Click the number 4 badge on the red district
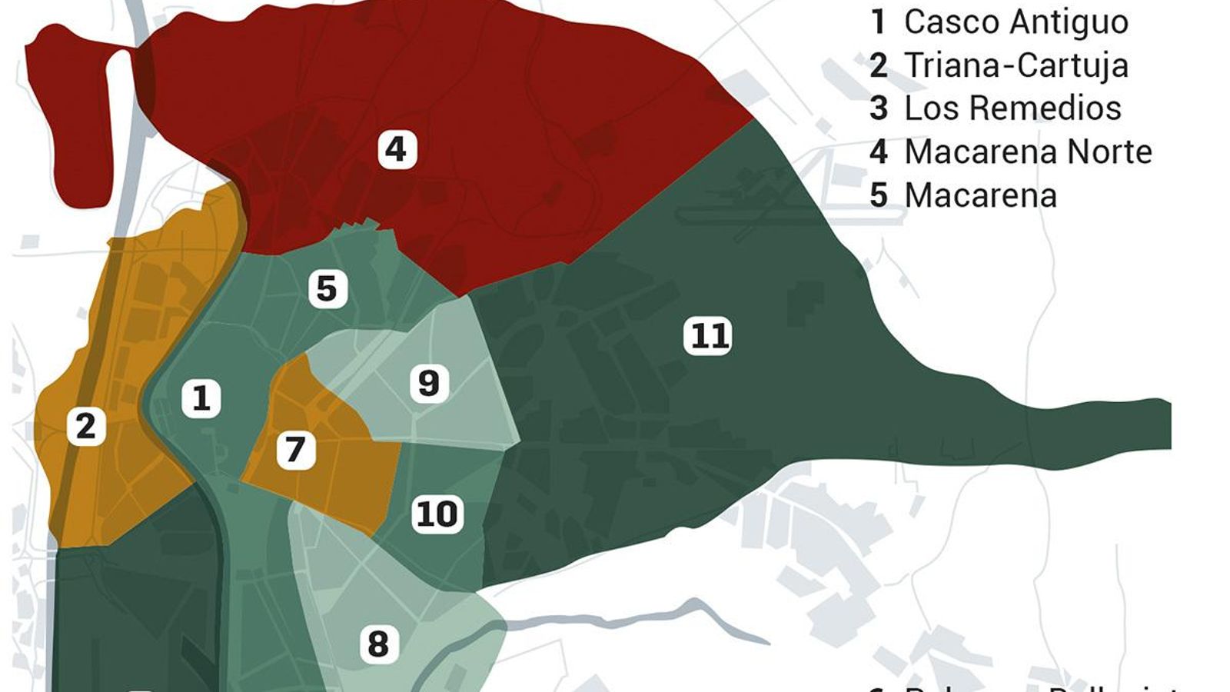pos(397,149)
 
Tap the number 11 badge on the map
pos(708,337)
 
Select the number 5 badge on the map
pos(327,289)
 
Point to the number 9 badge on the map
pos(429,383)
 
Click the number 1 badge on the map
pos(201,398)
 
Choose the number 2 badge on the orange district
pos(85,426)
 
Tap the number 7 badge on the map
pos(296,450)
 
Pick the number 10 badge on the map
pos(437,514)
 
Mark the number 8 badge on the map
pos(378,644)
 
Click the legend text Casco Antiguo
pos(1016,22)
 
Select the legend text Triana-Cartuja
pos(1016,65)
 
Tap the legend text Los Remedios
pos(1012,108)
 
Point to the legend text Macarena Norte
pos(1028,152)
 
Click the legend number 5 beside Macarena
pos(879,196)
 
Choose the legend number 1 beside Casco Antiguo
pos(878,22)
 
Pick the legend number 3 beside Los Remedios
pos(879,108)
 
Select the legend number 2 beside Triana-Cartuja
pos(879,65)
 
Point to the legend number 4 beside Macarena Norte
pos(879,152)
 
